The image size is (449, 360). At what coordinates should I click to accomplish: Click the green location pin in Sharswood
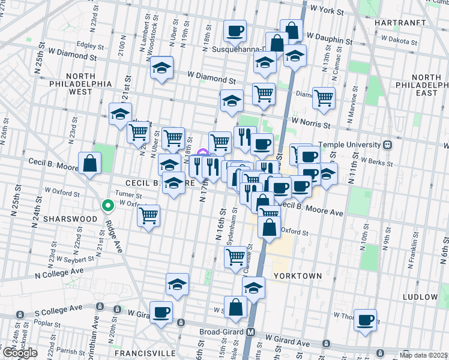108,206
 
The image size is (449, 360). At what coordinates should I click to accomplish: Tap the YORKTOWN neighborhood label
298,275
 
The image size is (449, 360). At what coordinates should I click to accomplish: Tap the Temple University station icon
388,145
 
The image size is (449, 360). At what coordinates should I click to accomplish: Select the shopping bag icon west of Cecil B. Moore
89,163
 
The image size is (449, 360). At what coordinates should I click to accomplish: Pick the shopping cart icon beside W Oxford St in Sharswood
148,215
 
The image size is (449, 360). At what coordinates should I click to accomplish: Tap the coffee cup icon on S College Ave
161,312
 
